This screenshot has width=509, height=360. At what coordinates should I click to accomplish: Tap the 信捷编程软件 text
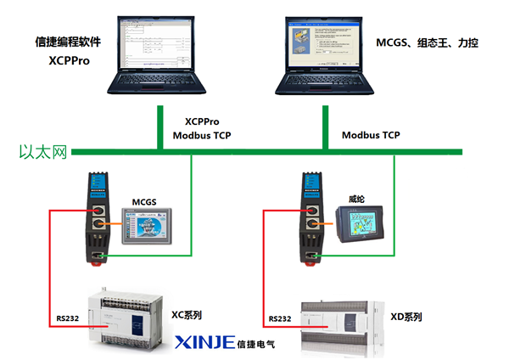click(x=69, y=41)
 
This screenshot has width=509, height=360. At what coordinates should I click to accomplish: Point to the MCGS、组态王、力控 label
click(x=427, y=42)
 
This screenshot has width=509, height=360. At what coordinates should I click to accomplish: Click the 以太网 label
click(x=42, y=153)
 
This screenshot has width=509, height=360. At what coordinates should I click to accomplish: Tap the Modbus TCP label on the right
click(x=371, y=135)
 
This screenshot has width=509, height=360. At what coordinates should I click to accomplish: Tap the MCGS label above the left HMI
click(x=146, y=200)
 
